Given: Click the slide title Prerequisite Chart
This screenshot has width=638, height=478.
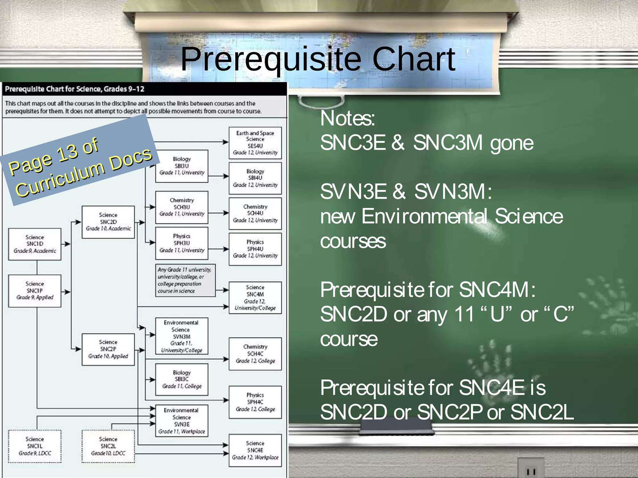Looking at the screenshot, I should coord(318,59).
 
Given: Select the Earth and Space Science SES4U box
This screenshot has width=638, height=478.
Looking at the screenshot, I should coord(255,143).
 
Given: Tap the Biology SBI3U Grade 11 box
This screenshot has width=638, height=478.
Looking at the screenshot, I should coord(182,166).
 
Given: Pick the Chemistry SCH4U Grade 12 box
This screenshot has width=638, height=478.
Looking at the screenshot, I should coord(255,213).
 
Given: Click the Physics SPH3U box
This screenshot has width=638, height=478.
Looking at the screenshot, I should coord(182,243).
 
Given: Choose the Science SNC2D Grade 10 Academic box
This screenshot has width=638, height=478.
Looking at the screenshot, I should coord(108,222).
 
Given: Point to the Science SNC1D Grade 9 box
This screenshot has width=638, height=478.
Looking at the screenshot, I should coord(35,244).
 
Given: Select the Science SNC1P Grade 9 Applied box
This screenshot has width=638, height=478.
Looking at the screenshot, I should coord(35,291).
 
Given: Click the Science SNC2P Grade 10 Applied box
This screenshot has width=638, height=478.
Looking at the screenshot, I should coord(108,349).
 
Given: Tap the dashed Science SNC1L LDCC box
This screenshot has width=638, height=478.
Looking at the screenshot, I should coord(35,446).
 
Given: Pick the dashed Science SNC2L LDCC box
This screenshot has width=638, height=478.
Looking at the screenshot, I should coord(108,446).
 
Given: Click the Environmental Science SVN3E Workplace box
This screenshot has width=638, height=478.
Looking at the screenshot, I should coord(182,421).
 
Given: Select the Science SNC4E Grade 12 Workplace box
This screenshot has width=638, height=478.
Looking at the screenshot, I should coord(255,450).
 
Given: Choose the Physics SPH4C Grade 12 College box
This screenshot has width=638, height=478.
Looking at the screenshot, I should coord(255,402).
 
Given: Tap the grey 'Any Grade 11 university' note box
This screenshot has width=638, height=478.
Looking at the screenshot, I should coord(185,280).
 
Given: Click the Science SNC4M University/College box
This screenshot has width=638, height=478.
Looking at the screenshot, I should coord(255,298).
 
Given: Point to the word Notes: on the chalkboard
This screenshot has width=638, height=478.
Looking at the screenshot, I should coord(348,119).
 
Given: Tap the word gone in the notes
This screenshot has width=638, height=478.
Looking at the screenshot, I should coord(512,143).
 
